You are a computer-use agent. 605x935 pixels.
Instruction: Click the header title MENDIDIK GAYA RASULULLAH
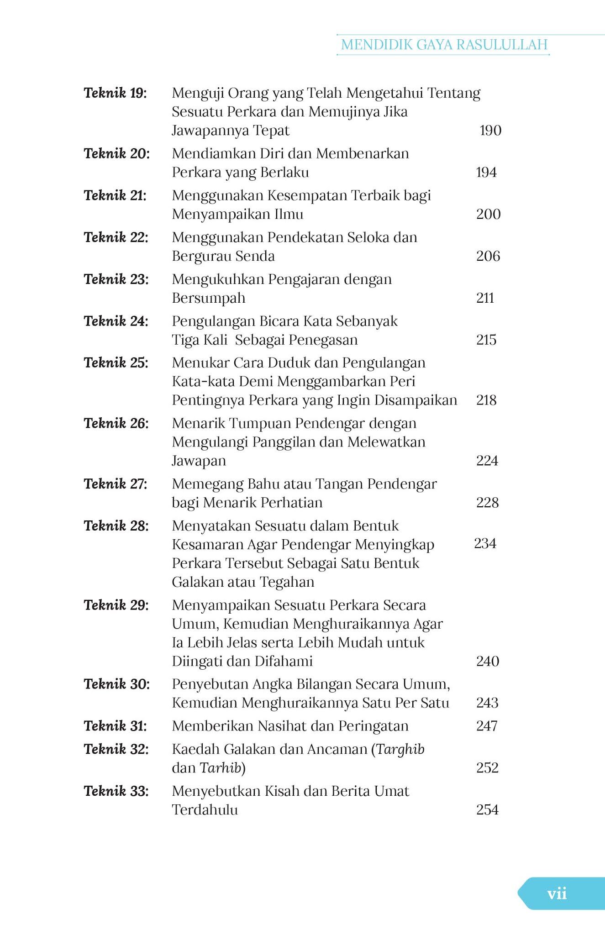444,45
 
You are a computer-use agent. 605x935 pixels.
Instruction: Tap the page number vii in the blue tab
557,893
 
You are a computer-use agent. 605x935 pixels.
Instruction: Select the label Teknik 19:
115,93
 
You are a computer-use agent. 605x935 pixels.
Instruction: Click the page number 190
490,131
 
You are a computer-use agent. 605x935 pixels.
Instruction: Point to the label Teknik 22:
116,237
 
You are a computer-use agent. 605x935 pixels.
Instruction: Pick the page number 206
488,256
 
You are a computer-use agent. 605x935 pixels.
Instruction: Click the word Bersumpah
209,298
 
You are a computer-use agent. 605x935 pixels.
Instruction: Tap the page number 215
486,340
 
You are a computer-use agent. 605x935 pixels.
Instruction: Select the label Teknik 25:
116,363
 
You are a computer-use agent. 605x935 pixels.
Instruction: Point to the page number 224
487,461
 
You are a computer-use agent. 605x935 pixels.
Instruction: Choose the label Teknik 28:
116,526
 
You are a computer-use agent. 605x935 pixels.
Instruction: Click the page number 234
485,543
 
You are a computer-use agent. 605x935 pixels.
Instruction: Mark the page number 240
487,661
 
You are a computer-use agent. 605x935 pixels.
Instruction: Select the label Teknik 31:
115,726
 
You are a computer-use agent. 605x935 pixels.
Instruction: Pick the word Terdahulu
205,810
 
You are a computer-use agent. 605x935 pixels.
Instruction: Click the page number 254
487,810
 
